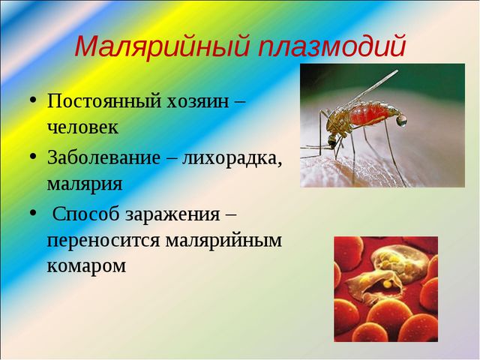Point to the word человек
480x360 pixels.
pos(82,127)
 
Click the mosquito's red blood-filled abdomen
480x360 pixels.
pos(375,115)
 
